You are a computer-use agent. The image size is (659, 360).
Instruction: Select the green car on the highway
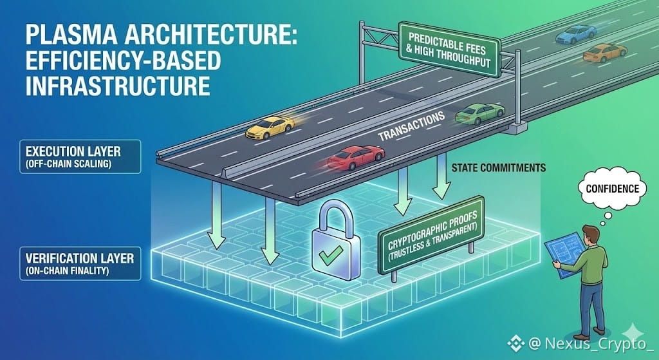coord(479,114)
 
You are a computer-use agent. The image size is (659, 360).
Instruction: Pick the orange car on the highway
coord(604,52)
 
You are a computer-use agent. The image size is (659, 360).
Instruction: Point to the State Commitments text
coord(499,168)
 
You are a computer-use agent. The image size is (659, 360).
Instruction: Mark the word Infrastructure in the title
coord(102,84)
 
